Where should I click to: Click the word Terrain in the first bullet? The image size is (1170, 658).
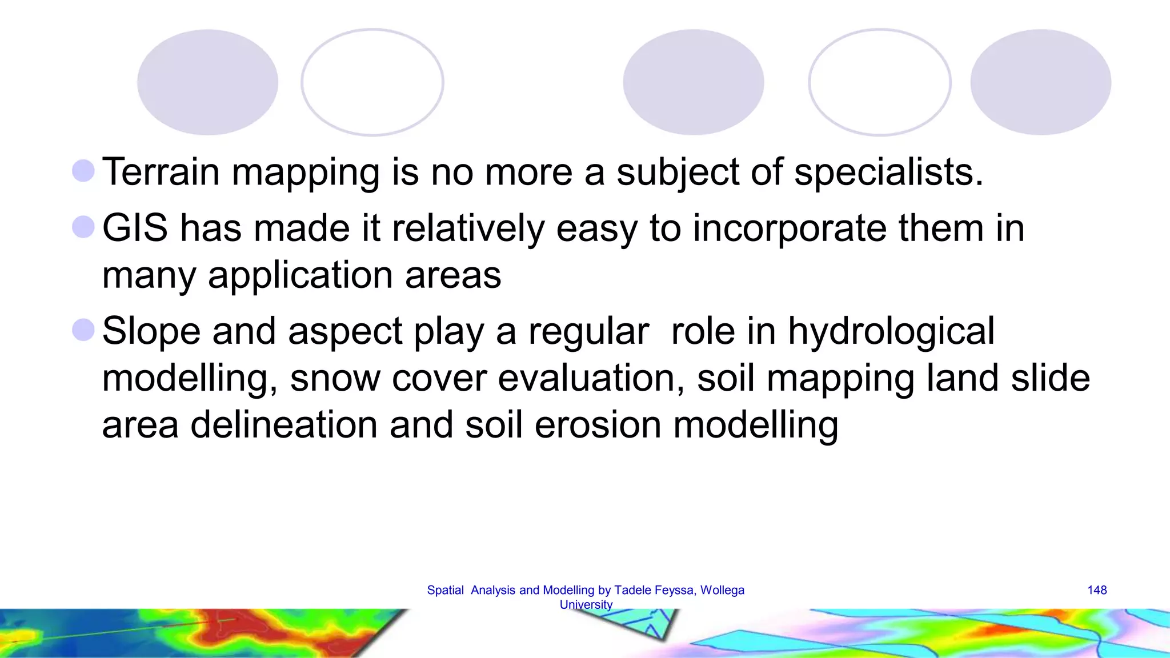[x=161, y=172]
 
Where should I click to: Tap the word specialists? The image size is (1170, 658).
[x=888, y=172]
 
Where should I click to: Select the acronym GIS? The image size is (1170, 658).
[x=135, y=228]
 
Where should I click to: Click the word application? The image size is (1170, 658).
[x=300, y=275]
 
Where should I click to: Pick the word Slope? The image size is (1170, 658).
[x=151, y=331]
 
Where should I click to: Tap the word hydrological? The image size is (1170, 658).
[x=891, y=331]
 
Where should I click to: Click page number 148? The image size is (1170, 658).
[x=1097, y=590]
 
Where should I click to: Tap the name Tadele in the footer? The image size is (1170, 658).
[x=631, y=590]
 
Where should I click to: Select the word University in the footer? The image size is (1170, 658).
[x=586, y=604]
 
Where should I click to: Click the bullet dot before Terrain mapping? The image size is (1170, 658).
[x=83, y=171]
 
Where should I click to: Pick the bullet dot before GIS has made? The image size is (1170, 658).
[x=83, y=227]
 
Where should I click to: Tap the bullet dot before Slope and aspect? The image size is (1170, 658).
[x=83, y=330]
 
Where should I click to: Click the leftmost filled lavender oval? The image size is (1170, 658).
[x=207, y=82]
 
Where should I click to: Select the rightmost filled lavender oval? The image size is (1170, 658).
[x=1040, y=82]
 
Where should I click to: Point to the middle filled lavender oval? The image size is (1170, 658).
[x=693, y=82]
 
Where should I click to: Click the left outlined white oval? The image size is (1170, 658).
[x=372, y=82]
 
